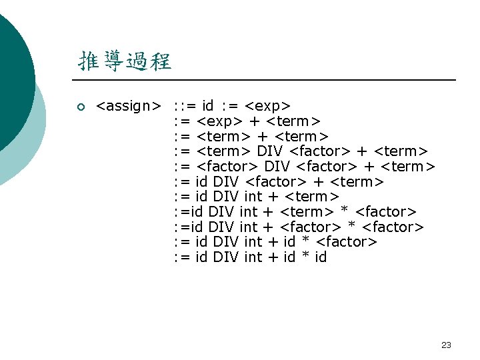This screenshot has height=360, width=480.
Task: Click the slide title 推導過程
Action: [x=125, y=62]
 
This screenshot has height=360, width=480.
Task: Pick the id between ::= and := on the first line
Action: [x=207, y=106]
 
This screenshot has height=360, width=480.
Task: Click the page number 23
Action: [x=446, y=345]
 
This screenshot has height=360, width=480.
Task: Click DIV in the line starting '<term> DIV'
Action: [x=269, y=151]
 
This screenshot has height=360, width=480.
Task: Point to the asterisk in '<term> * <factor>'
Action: [x=344, y=212]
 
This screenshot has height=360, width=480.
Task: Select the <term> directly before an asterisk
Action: [x=306, y=212]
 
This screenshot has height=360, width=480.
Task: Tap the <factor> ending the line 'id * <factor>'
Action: [x=346, y=242]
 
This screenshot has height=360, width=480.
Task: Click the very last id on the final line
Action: [x=320, y=257]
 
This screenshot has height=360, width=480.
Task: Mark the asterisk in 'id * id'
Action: [x=304, y=257]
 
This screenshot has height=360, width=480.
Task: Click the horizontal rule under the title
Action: [x=267, y=80]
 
